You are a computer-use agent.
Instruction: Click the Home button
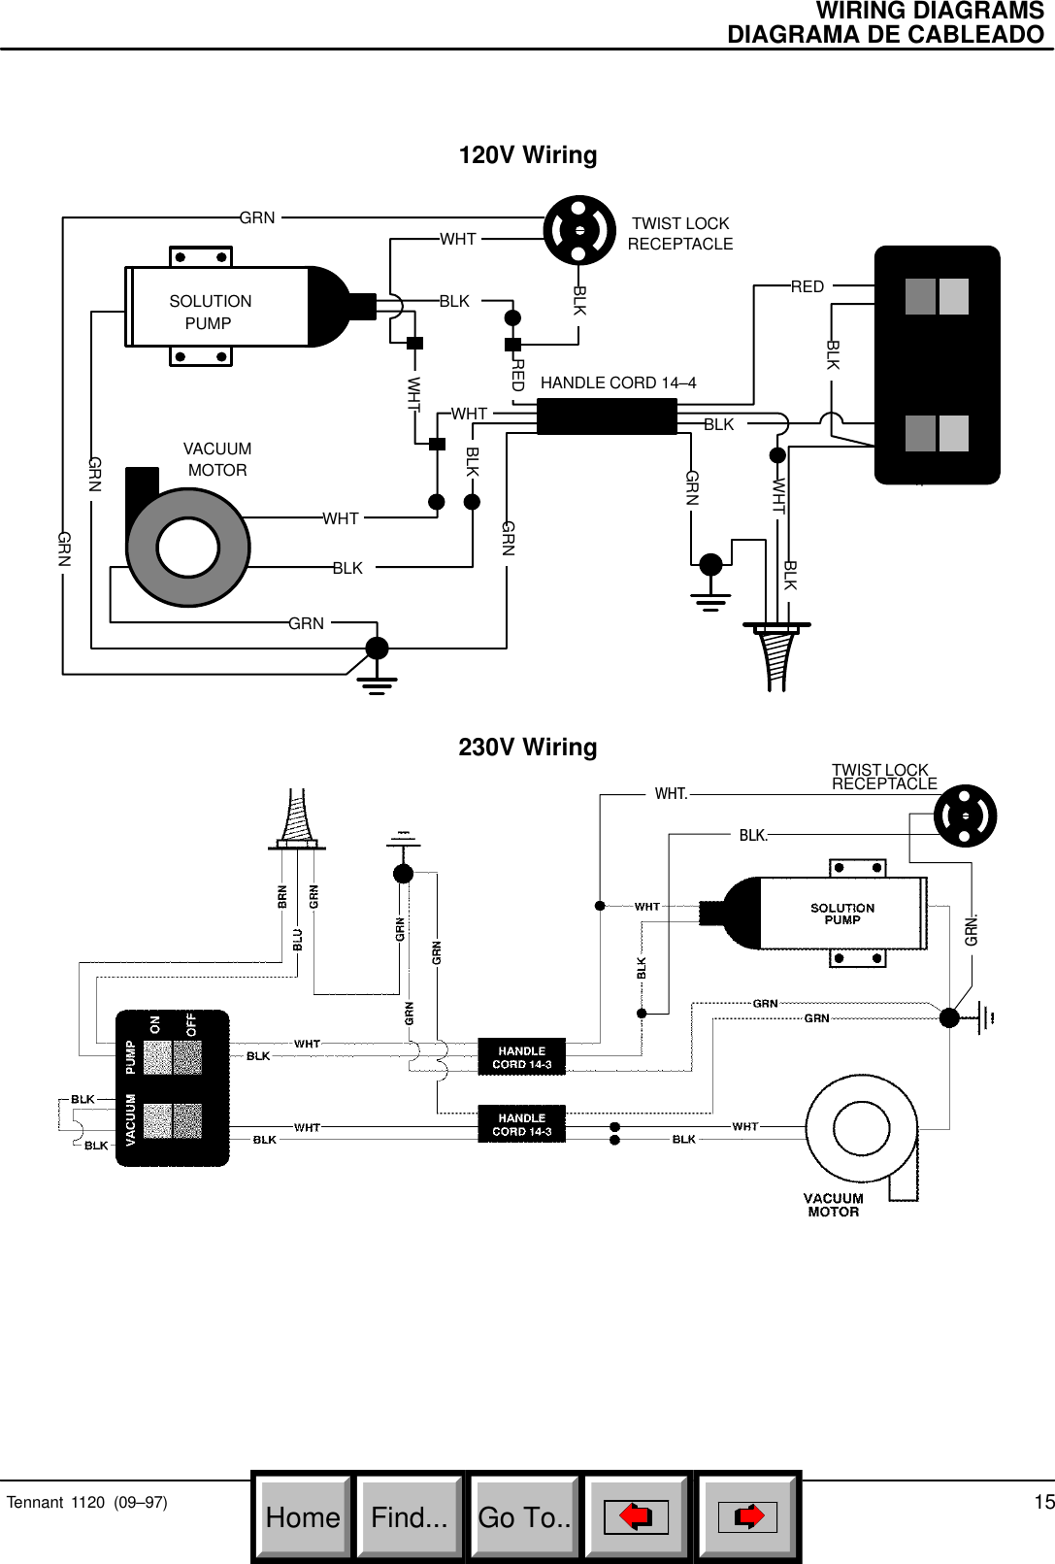point(303,1517)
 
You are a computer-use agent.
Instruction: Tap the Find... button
point(410,1517)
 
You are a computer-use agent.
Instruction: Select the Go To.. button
point(524,1517)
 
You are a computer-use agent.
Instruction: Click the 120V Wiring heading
point(527,155)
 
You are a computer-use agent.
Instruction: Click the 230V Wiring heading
point(527,748)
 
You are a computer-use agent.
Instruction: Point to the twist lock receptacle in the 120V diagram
point(579,230)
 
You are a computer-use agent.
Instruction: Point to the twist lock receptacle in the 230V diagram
point(965,815)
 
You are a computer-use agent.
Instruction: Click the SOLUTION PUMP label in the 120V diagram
point(210,312)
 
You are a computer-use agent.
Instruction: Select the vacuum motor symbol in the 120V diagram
point(188,547)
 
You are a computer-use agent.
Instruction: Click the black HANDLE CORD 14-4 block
point(607,416)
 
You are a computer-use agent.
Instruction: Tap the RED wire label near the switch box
point(807,286)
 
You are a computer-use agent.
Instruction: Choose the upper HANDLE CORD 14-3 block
point(521,1057)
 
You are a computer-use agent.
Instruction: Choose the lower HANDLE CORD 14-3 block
point(521,1124)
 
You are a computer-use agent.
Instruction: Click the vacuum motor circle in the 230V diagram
point(861,1129)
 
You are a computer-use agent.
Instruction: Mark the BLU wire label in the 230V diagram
point(298,940)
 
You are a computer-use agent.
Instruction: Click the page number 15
point(1043,1502)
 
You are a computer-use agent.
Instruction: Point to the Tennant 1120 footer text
point(86,1502)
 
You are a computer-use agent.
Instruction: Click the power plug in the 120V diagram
point(775,655)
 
